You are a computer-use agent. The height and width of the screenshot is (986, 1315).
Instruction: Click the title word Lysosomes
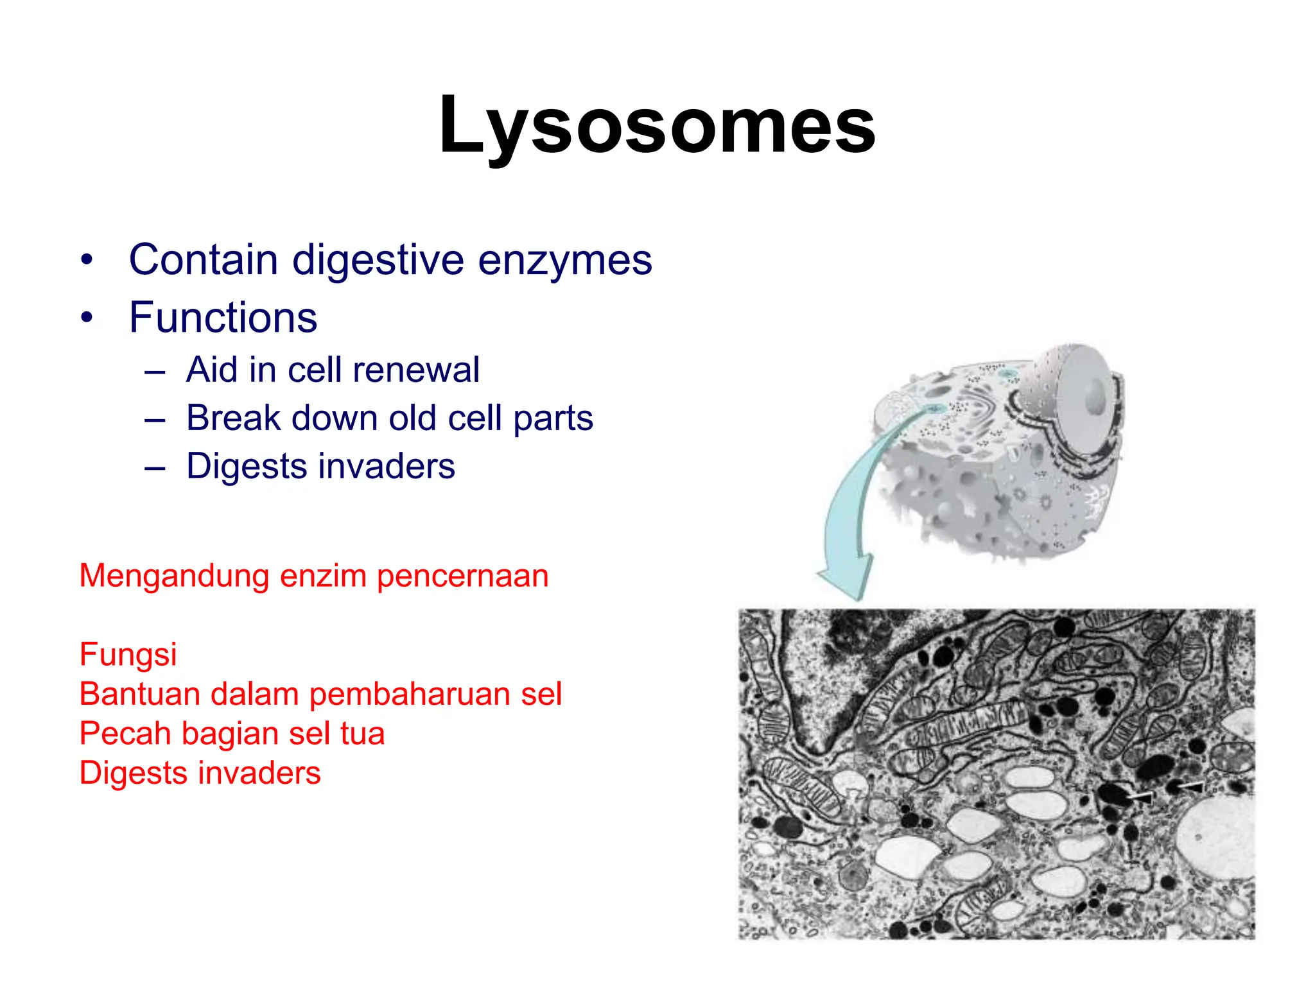(657, 125)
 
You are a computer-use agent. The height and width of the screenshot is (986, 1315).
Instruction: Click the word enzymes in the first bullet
(564, 260)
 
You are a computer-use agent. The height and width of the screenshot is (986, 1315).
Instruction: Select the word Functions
(223, 317)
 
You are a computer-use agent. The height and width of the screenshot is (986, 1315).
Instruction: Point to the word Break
(233, 418)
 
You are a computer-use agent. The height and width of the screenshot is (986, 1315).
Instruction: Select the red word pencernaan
(462, 576)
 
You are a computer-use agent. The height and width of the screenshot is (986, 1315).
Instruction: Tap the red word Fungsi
(128, 654)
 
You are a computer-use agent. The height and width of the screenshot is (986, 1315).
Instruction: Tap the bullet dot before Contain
(87, 261)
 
